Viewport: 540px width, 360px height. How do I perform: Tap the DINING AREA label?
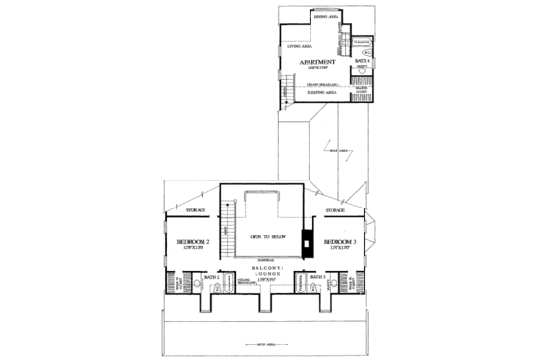[325, 17]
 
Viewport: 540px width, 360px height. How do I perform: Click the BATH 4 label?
[363, 61]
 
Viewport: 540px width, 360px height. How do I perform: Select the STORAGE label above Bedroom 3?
[336, 209]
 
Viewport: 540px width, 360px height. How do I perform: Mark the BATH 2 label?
[212, 277]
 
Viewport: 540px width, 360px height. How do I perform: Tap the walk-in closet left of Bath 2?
[180, 283]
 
